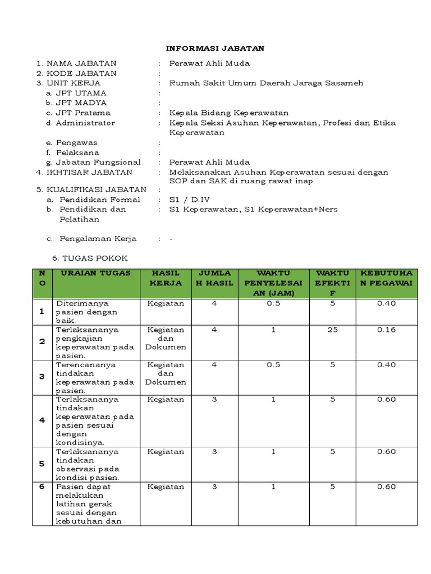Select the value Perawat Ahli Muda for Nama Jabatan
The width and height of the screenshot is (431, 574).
(x=209, y=63)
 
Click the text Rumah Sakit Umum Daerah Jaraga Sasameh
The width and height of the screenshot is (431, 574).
(x=266, y=83)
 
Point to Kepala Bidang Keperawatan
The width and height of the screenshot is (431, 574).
(x=228, y=113)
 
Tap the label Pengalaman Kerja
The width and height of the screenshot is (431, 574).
(x=98, y=238)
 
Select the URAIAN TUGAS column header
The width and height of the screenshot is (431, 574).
(x=95, y=273)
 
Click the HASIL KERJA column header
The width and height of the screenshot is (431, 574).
(x=165, y=278)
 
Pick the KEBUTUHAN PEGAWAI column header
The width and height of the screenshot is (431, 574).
(x=386, y=278)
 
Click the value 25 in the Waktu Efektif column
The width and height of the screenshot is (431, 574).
(x=333, y=330)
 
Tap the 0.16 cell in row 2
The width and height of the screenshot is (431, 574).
(x=386, y=330)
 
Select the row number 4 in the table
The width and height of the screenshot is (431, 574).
(x=42, y=420)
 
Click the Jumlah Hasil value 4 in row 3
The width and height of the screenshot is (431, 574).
(x=214, y=364)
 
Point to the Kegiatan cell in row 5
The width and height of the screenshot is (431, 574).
(x=165, y=452)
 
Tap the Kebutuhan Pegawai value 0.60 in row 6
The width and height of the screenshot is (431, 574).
(x=386, y=487)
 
